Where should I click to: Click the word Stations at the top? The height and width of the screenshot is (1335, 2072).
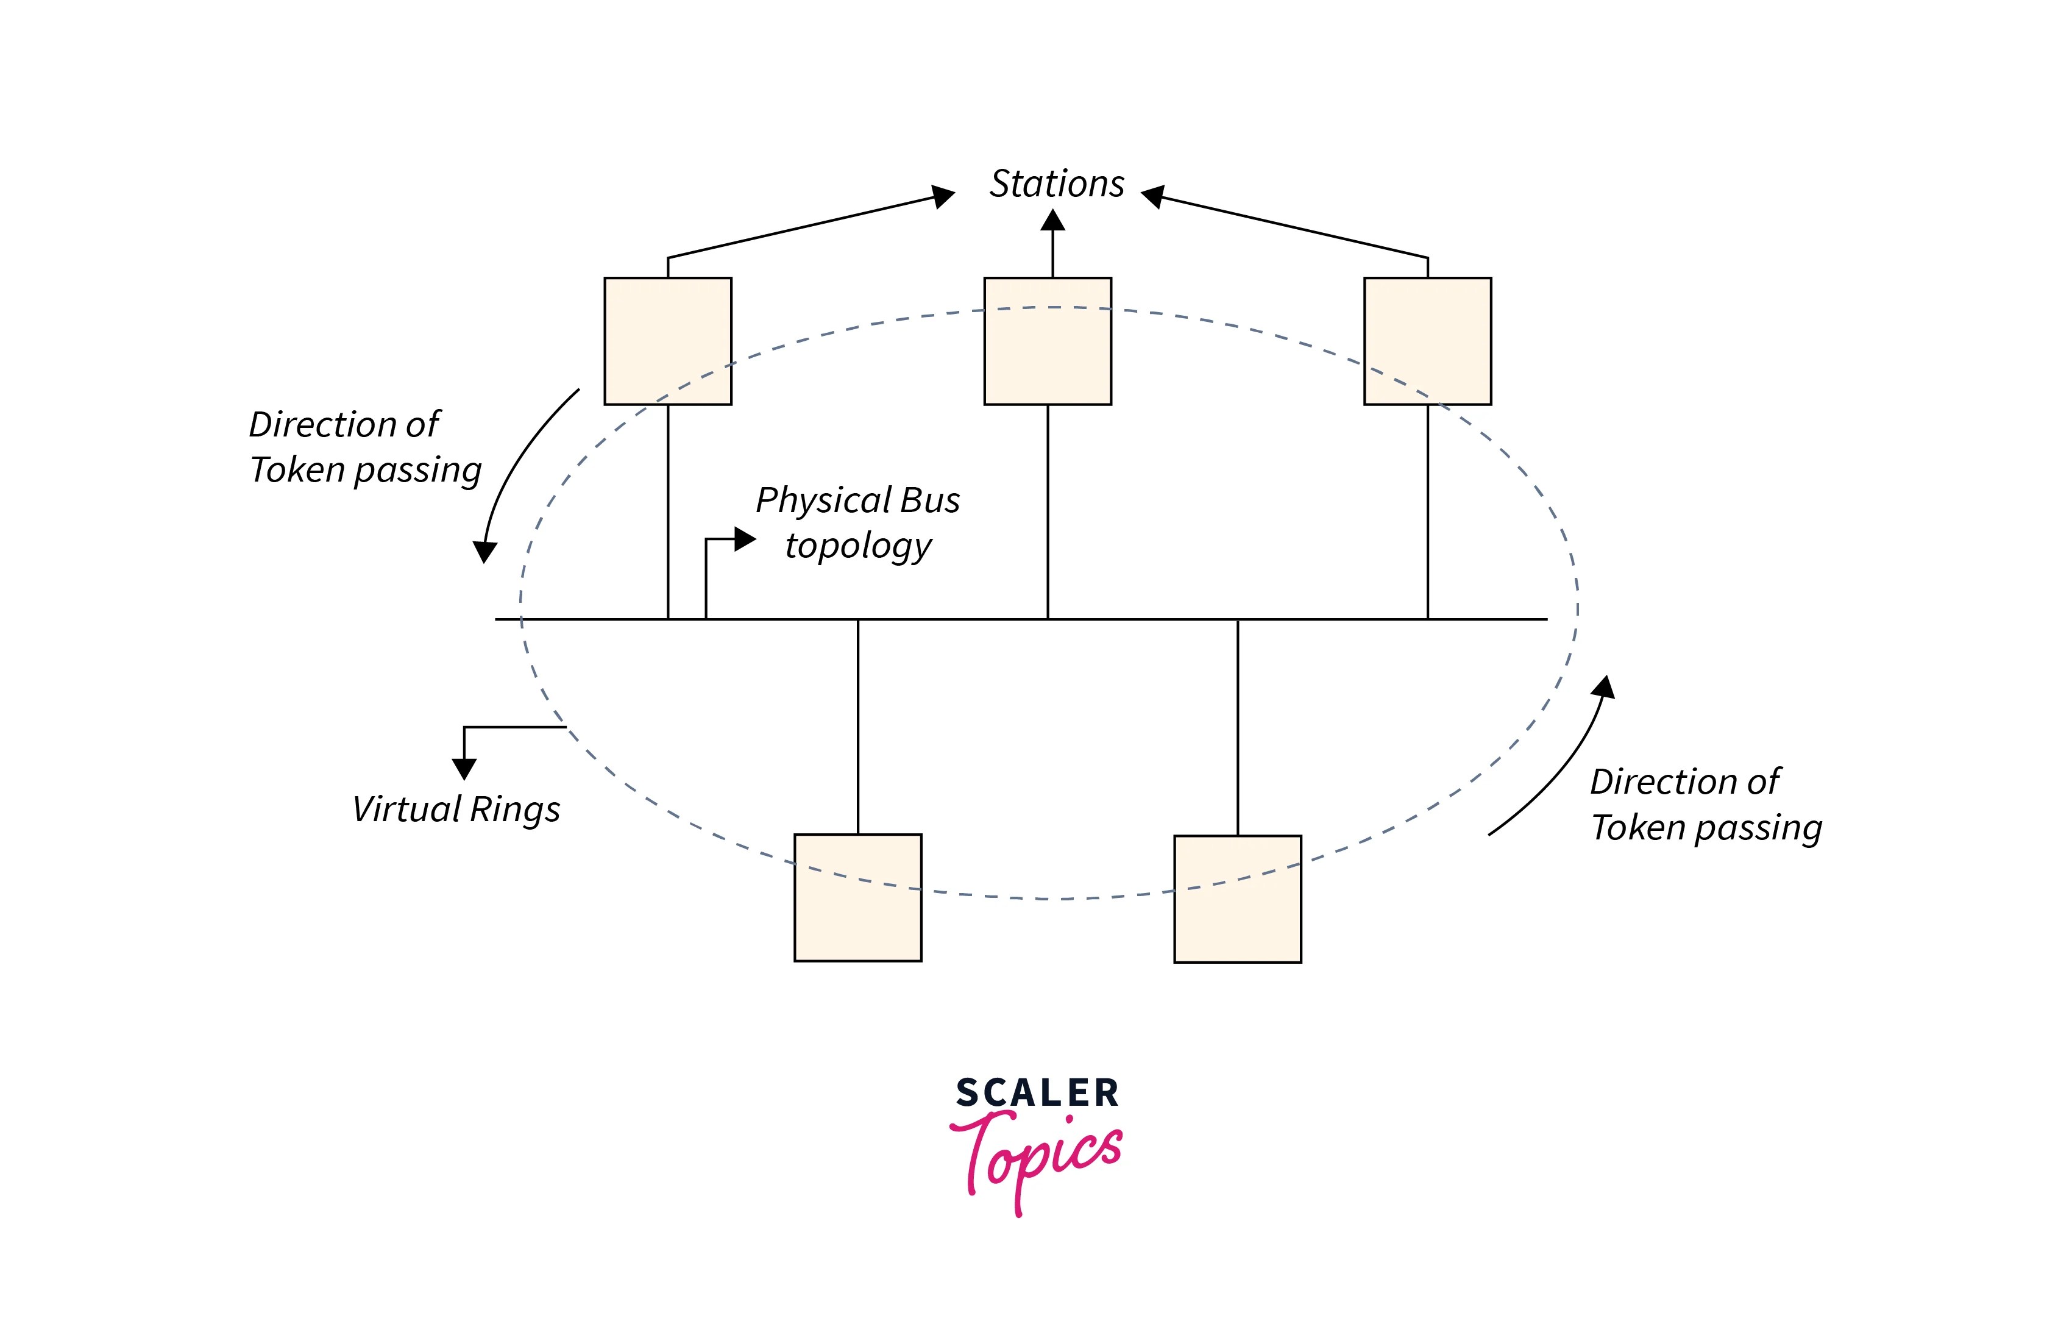point(1056,183)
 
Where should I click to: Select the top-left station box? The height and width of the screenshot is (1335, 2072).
point(667,341)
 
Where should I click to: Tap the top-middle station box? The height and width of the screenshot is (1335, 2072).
point(1047,341)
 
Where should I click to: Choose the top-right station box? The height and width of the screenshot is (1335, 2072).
point(1427,341)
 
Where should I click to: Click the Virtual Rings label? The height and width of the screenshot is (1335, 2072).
point(456,810)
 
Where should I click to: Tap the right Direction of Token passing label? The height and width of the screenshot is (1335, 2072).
point(1705,805)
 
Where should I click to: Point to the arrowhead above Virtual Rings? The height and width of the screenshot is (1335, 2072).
point(464,768)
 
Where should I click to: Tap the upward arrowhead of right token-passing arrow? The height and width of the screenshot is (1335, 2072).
point(1605,688)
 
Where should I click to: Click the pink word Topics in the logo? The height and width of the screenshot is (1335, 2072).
point(1037,1157)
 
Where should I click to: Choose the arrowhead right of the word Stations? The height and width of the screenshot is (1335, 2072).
point(1152,196)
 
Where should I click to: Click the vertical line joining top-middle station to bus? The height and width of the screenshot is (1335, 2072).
point(1047,511)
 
